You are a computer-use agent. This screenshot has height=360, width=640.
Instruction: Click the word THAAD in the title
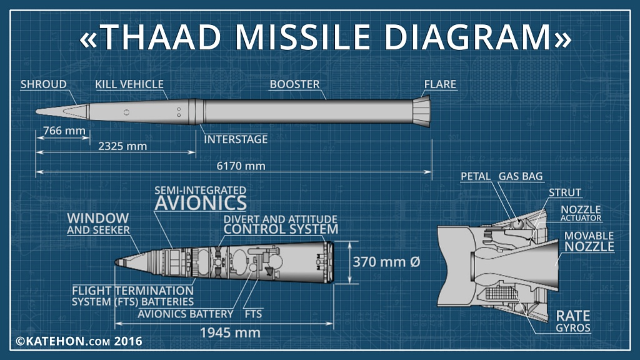click(x=160, y=37)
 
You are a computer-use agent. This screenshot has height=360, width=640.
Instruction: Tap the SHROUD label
click(x=44, y=84)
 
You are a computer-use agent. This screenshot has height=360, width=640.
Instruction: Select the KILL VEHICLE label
click(x=129, y=84)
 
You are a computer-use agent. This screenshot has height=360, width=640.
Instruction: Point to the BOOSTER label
click(x=295, y=84)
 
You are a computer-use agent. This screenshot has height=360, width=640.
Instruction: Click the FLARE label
click(x=440, y=84)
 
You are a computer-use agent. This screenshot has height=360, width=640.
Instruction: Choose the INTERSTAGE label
click(x=236, y=139)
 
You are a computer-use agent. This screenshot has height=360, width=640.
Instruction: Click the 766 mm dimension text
click(x=64, y=131)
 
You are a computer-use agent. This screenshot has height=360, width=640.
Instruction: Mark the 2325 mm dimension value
click(x=122, y=146)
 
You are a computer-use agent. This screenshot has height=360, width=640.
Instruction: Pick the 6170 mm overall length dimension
click(x=241, y=166)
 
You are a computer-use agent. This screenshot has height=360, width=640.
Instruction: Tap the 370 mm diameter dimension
click(x=386, y=262)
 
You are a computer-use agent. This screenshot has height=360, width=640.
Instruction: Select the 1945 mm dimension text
click(x=230, y=332)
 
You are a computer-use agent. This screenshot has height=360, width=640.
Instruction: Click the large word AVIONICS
click(x=201, y=203)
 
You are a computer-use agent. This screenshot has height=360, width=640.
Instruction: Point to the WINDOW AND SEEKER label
click(x=98, y=224)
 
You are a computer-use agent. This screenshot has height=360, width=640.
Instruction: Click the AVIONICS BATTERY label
click(x=186, y=314)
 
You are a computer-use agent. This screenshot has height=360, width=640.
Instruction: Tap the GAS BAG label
click(x=521, y=176)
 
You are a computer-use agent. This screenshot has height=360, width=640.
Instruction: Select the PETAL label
click(x=476, y=176)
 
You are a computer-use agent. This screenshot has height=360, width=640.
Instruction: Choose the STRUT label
click(x=565, y=192)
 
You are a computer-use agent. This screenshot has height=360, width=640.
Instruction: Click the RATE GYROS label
click(x=573, y=321)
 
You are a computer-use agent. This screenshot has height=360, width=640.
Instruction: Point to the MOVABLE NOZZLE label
click(x=589, y=242)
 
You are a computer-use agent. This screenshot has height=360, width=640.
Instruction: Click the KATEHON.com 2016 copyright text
click(x=79, y=341)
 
